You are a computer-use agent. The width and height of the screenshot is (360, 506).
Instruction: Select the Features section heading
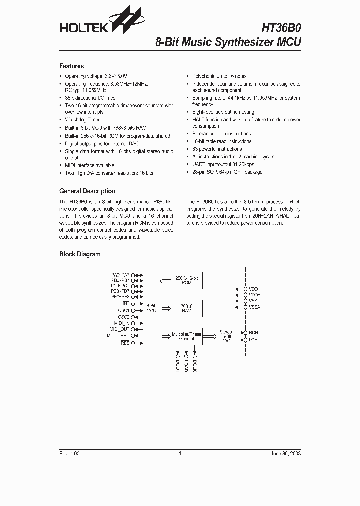(71, 66)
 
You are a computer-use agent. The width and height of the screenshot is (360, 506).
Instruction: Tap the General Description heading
(87, 191)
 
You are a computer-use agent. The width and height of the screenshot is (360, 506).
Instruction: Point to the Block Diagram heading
(80, 254)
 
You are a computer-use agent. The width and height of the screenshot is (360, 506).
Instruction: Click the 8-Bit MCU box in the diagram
(151, 308)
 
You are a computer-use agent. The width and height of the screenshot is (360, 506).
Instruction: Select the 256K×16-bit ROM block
(187, 280)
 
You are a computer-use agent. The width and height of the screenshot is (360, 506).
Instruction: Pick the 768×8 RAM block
(187, 308)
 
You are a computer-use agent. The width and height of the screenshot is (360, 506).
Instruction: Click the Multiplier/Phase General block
(187, 336)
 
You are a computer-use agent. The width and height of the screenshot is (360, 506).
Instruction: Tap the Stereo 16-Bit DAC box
(226, 336)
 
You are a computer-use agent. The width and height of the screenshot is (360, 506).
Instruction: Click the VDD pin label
(253, 289)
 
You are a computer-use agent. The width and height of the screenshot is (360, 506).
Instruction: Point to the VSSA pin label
(254, 307)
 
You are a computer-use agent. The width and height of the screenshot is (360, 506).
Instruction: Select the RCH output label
(253, 332)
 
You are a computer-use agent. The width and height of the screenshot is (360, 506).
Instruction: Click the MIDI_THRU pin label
(118, 336)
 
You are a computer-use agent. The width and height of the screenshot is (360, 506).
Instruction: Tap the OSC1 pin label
(123, 310)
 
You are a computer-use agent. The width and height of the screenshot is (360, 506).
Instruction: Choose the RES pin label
(125, 343)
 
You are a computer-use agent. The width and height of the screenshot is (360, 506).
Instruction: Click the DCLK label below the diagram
(195, 366)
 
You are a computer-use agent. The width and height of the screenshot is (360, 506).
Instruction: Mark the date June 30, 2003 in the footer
(285, 453)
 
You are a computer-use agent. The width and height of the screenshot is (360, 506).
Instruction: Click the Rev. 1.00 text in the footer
(69, 453)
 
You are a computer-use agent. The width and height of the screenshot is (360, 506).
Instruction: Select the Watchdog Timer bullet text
(82, 120)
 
